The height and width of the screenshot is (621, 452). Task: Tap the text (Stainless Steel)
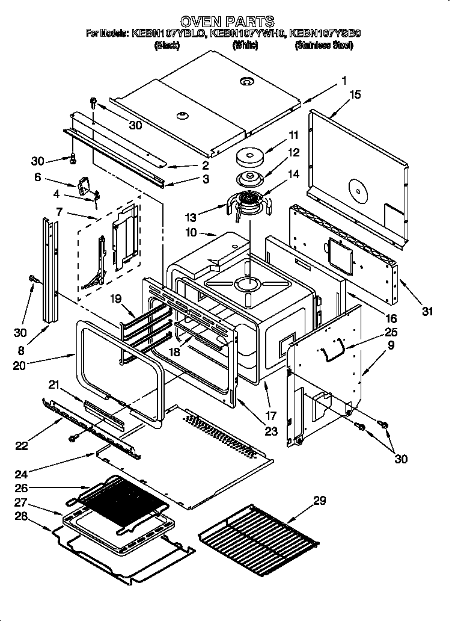coord(323,46)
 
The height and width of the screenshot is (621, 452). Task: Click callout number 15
coord(355,94)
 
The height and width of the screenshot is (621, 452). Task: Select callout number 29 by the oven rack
coord(319,501)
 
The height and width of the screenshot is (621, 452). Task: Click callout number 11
coord(293,135)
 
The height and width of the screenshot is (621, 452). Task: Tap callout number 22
coord(20,445)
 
